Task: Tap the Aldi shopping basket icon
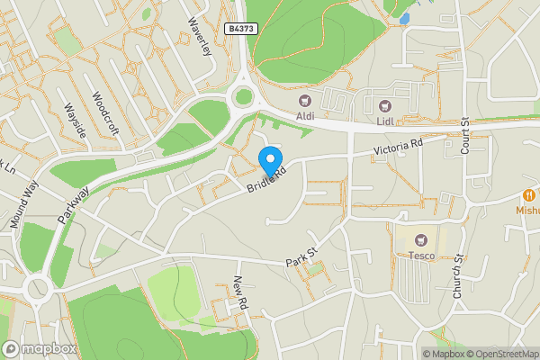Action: [304, 101]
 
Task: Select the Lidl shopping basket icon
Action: [385, 106]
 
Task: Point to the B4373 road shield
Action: [241, 30]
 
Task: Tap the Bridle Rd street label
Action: [266, 179]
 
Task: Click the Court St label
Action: [465, 135]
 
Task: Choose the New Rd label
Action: [240, 294]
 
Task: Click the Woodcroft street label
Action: [105, 109]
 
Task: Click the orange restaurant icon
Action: [529, 194]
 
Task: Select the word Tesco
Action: [423, 255]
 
